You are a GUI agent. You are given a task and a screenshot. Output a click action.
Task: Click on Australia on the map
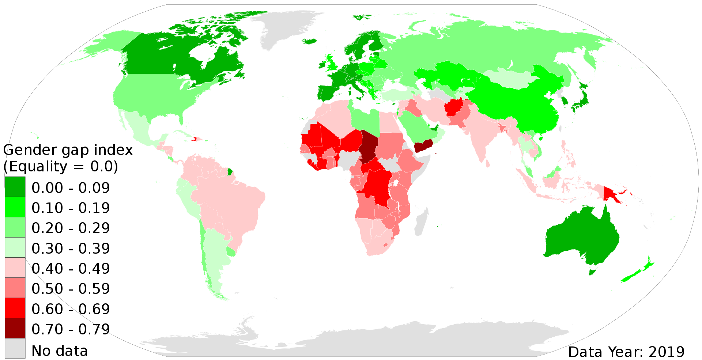coord(581,238)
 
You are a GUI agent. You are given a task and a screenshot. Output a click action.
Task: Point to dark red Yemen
coord(423,146)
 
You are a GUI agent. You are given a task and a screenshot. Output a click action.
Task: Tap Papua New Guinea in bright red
coord(611,194)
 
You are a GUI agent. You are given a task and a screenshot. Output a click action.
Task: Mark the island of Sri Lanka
coord(488,164)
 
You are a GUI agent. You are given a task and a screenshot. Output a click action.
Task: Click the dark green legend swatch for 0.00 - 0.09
coord(15,187)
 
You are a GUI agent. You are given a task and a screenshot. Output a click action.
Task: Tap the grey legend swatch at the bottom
coord(15,348)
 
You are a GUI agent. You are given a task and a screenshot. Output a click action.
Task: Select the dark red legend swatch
coord(15,328)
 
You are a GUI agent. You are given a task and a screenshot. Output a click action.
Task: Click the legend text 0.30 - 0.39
coord(71,249)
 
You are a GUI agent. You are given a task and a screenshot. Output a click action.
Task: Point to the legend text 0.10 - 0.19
coord(71,208)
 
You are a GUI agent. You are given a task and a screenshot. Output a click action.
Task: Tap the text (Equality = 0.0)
coord(61,167)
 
